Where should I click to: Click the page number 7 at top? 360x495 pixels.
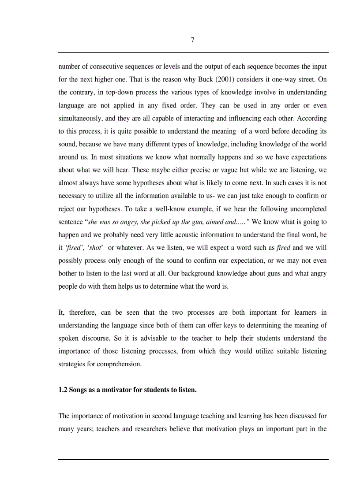click(x=192, y=40)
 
